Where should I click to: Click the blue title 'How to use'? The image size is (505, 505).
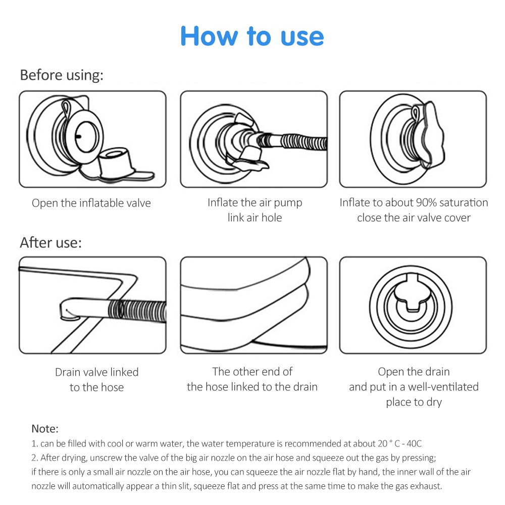(x=252, y=36)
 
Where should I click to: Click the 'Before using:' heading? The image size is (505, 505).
(x=62, y=75)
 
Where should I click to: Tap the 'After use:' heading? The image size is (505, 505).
(x=50, y=242)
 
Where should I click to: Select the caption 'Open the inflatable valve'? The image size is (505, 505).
(x=91, y=203)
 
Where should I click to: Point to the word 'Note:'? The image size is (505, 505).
(x=45, y=429)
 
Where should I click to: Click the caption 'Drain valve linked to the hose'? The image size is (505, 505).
(x=96, y=379)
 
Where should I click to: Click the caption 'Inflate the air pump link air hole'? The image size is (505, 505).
(x=255, y=210)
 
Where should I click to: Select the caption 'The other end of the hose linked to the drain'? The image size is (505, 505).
(x=252, y=379)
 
